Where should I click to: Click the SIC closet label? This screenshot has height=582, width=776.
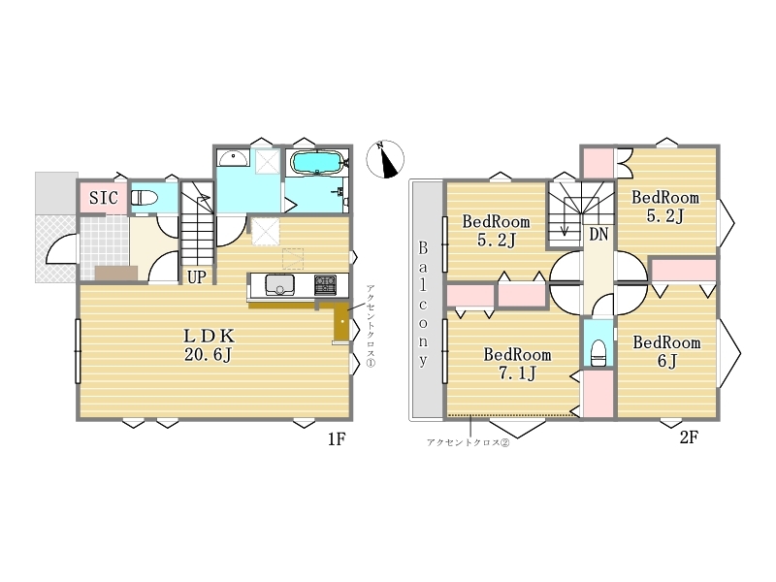[104, 198]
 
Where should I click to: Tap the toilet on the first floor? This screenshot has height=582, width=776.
[144, 198]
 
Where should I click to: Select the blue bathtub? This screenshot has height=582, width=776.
[317, 162]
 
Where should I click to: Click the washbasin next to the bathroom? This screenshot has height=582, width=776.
[233, 159]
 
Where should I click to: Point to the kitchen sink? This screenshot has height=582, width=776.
[279, 285]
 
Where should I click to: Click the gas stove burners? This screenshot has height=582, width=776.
[325, 285]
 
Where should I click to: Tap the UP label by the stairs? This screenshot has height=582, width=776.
[197, 277]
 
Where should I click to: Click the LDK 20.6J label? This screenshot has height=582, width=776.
[209, 345]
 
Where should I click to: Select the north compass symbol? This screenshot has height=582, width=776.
[385, 159]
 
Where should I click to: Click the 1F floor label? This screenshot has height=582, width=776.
[336, 439]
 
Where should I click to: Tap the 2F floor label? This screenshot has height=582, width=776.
[689, 437]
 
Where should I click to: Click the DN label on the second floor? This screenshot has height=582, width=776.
[598, 234]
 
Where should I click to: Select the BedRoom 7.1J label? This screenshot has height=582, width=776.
[517, 364]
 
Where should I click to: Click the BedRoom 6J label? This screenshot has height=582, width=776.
[666, 351]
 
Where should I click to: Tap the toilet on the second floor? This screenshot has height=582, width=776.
[598, 352]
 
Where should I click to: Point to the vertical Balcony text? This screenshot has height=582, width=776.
[423, 305]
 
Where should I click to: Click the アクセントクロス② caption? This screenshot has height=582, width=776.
[468, 443]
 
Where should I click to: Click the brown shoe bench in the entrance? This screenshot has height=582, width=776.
[116, 274]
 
